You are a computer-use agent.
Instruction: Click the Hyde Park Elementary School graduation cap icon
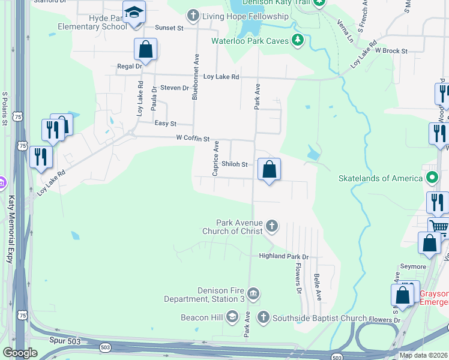tap(134, 12)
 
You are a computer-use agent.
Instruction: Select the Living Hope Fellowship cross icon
tap(193, 15)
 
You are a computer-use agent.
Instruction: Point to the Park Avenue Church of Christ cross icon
tap(272, 226)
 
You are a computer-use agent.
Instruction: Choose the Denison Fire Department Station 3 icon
tap(253, 293)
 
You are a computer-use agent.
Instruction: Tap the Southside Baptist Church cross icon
tap(263, 317)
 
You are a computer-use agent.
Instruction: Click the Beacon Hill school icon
tap(232, 317)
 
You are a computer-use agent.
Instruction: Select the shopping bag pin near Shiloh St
tap(270, 169)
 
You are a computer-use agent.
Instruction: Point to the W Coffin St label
tap(192, 139)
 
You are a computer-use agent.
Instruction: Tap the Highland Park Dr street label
tap(283, 256)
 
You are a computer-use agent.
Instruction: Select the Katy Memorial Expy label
tap(10, 221)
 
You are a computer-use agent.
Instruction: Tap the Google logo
tap(20, 352)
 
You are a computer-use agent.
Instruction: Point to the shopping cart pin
tap(439, 227)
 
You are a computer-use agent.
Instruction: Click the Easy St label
tap(165, 124)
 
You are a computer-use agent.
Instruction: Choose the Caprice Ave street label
tap(215, 159)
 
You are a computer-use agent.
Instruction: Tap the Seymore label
tap(413, 266)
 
